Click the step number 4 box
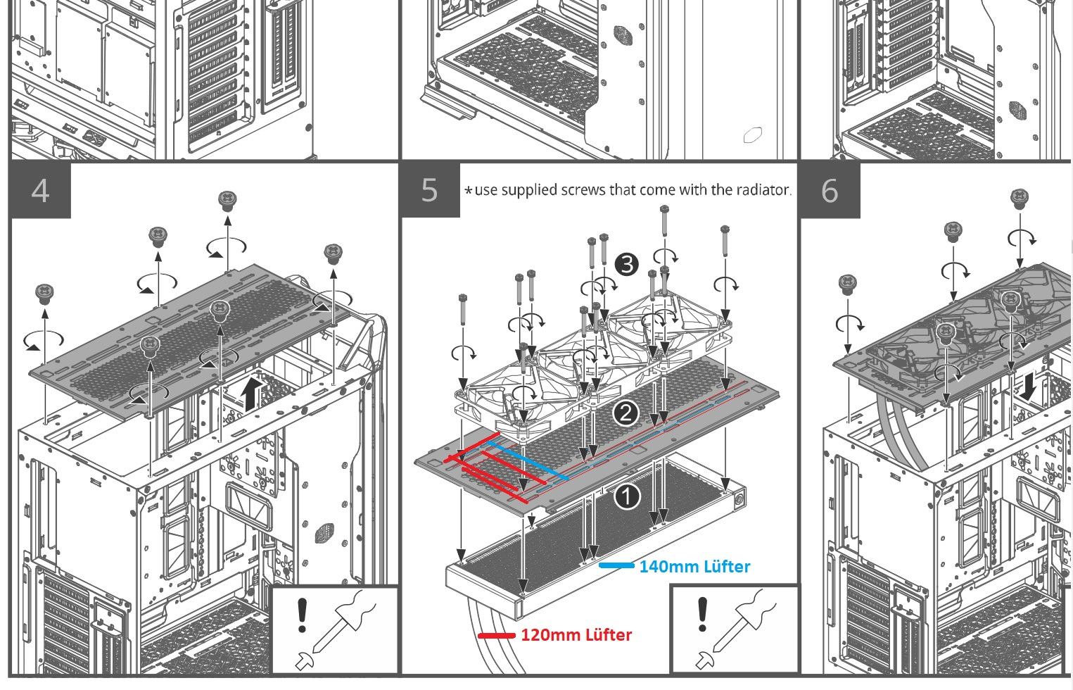[x=41, y=190]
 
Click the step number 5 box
[x=430, y=190]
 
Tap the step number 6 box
[x=830, y=190]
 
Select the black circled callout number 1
[x=627, y=496]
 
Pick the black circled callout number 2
[x=626, y=413]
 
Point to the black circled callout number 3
[x=626, y=264]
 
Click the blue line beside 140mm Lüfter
[x=616, y=566]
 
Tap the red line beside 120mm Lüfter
[x=497, y=636]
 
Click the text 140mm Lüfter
[x=695, y=567]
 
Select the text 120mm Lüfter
[x=576, y=635]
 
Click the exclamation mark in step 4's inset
[x=302, y=615]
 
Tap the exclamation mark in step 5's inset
[x=702, y=614]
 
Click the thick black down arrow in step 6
[x=1028, y=387]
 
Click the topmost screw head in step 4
[x=227, y=200]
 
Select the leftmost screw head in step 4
[x=44, y=294]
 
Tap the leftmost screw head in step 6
[x=847, y=284]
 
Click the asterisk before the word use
[x=469, y=191]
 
